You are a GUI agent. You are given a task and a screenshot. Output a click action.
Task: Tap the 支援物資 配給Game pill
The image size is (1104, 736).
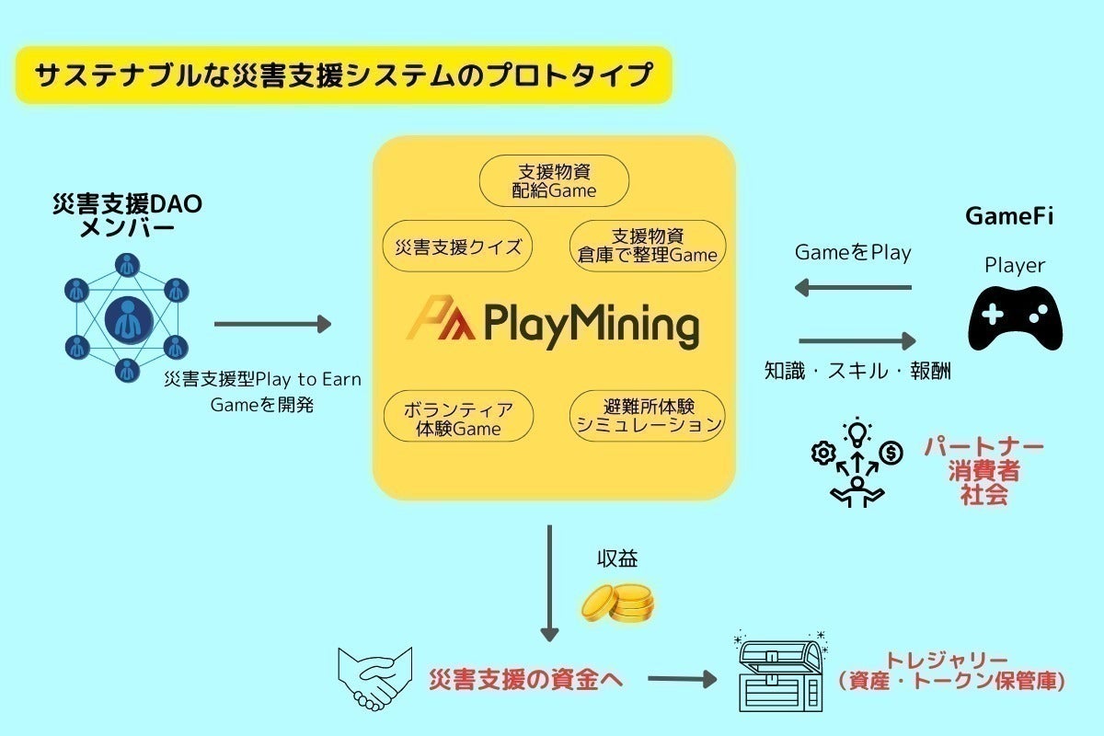tap(554, 180)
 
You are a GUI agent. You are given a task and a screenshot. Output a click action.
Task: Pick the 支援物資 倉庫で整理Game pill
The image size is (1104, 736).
tap(648, 246)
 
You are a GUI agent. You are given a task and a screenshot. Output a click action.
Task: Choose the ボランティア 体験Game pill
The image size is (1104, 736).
tap(458, 418)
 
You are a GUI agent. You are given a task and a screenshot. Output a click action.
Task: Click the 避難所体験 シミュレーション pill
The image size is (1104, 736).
tap(648, 416)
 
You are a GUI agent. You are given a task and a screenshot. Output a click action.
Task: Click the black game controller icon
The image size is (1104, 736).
tap(1015, 317)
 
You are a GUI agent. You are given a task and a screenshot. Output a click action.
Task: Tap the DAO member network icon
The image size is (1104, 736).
tap(127, 318)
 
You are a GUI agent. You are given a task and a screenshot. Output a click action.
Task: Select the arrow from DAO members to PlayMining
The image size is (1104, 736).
tap(272, 324)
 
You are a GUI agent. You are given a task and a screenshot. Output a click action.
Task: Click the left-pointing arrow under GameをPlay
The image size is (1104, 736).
tap(853, 288)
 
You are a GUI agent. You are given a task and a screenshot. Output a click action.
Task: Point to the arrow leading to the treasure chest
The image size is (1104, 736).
tap(682, 680)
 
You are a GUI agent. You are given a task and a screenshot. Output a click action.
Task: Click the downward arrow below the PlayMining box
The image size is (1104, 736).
tap(550, 583)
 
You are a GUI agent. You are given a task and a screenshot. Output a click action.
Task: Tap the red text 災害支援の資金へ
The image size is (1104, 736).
tap(526, 681)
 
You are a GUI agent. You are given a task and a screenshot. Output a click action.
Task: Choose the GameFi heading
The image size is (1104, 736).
tap(1009, 217)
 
